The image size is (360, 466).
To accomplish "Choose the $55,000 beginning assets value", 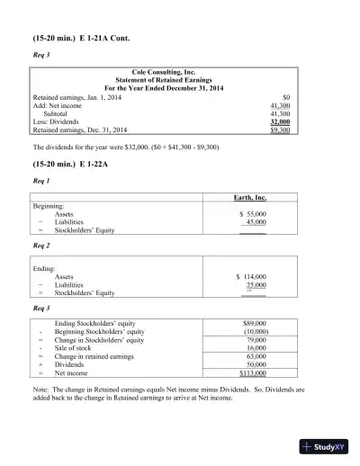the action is [x=252, y=214].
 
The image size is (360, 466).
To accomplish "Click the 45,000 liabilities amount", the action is [x=256, y=222].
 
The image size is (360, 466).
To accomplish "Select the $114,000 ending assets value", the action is [x=250, y=277].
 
